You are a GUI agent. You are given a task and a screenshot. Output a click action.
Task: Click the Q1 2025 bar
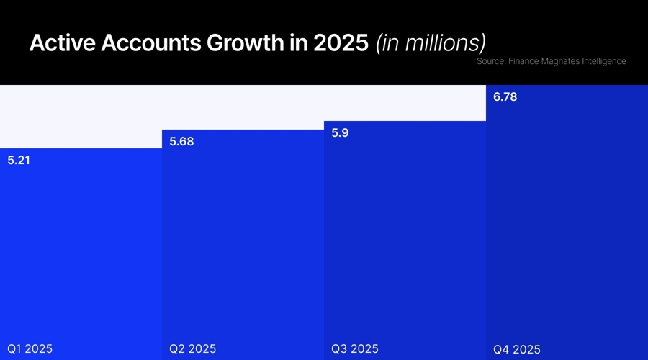pos(81,252)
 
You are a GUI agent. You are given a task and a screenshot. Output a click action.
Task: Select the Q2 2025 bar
pos(243,245)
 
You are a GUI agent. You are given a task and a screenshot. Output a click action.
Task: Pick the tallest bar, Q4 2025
pos(567,223)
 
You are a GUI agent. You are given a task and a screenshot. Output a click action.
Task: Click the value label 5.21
pos(19,161)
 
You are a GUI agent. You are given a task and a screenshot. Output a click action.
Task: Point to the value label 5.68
pos(181,142)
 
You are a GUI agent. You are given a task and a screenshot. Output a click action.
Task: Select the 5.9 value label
pos(341,132)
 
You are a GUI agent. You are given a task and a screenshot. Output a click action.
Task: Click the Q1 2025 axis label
pos(30,349)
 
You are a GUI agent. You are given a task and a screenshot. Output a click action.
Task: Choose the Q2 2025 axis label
pos(192,349)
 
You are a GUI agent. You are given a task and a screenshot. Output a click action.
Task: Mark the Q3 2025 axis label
pos(354,349)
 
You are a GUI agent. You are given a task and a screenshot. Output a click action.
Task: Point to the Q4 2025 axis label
pos(516,350)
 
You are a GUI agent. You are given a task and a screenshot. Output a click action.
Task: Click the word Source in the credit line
pos(490,62)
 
